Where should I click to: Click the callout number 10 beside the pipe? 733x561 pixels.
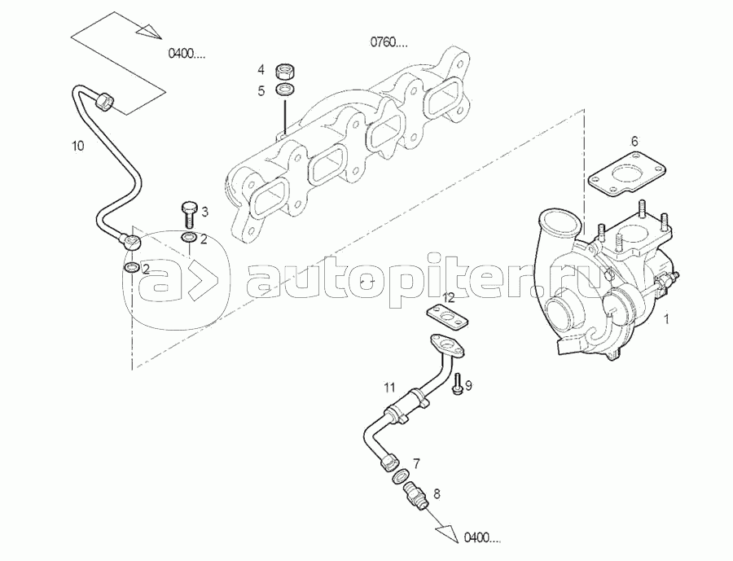77,147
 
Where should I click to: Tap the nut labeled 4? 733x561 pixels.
285,70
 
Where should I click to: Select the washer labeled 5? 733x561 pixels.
285,89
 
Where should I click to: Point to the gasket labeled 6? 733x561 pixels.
625,176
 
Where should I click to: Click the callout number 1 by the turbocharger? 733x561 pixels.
665,320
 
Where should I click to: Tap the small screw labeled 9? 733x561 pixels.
456,383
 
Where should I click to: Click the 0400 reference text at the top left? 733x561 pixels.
187,55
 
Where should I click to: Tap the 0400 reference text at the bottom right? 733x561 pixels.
482,537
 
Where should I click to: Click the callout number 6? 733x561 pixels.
634,140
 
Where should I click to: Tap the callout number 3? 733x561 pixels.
204,213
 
